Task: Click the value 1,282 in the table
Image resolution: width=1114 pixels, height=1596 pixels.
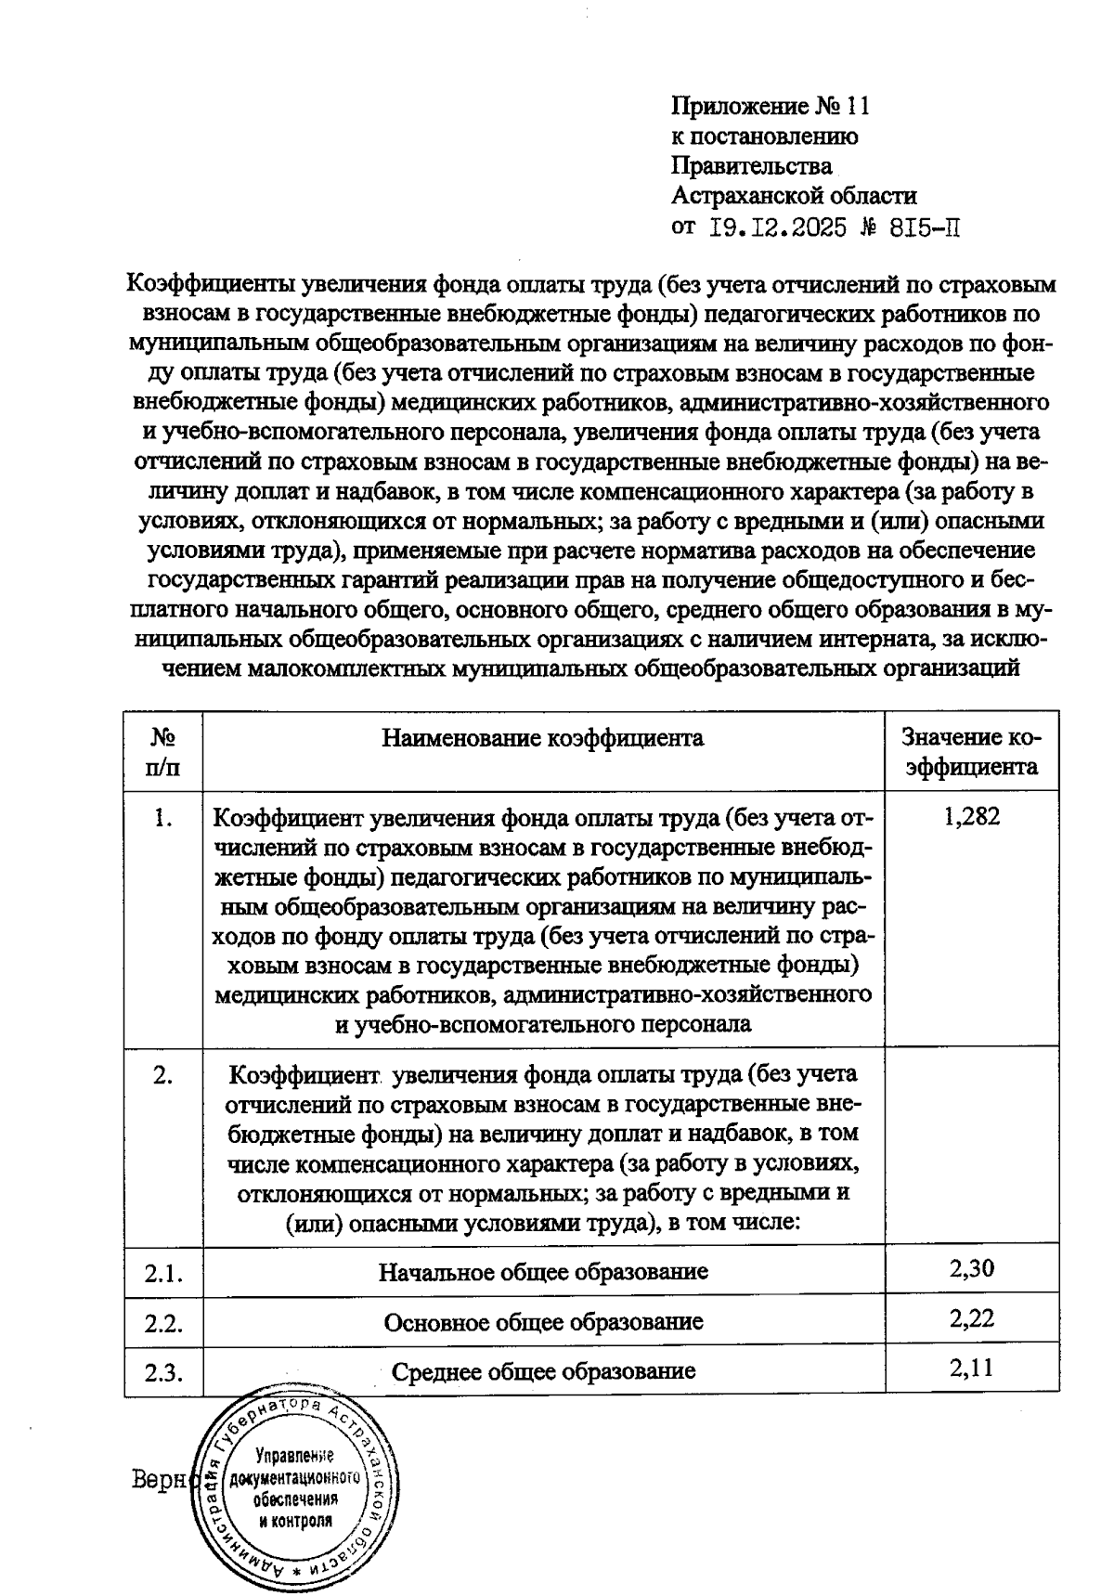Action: tap(971, 818)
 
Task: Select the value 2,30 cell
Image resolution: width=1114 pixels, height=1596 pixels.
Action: tap(971, 1268)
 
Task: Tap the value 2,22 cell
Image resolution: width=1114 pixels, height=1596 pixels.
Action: tap(971, 1318)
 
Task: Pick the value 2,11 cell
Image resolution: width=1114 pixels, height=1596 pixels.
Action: tap(971, 1368)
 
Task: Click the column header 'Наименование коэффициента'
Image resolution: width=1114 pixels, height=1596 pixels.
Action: tap(543, 738)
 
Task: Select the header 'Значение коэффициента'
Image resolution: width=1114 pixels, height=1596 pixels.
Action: tap(971, 753)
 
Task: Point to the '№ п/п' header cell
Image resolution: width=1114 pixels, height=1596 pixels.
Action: tap(163, 753)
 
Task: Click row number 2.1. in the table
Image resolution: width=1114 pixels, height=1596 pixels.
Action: tap(163, 1273)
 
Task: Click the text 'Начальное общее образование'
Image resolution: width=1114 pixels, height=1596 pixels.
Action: tap(543, 1272)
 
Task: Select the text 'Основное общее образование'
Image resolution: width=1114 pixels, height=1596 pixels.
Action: tap(543, 1321)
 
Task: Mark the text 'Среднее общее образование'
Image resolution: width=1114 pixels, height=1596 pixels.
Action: tap(543, 1371)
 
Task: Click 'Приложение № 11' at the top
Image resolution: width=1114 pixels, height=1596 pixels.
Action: tap(770, 107)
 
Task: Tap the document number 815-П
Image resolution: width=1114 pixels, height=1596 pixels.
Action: tap(923, 227)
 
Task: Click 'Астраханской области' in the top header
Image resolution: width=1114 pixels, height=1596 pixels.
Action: tap(794, 196)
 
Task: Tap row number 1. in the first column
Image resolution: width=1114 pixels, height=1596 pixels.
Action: tap(163, 820)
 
